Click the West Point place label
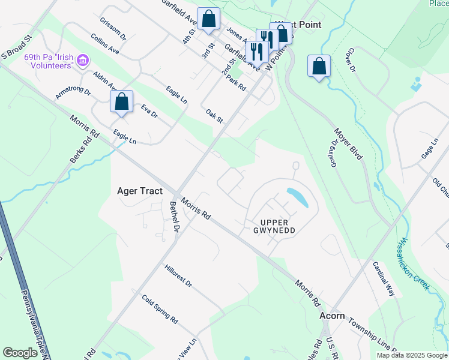298,25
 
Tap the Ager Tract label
139,191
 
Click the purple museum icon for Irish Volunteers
83,61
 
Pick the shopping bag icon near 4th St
208,19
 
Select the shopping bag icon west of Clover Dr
319,66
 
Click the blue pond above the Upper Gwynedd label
298,197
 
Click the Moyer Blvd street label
348,143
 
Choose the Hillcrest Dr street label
177,274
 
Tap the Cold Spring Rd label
160,309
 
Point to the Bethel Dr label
175,215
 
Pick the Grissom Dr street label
113,28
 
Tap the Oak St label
214,116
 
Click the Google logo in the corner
20,353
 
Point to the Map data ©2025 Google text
411,355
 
